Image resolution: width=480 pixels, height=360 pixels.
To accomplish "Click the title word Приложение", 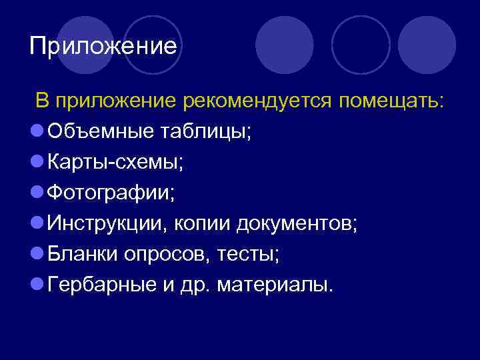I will [103, 47].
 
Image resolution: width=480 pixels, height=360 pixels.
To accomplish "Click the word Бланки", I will [81, 255].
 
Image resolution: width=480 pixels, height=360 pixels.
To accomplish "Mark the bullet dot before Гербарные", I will [37, 286].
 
